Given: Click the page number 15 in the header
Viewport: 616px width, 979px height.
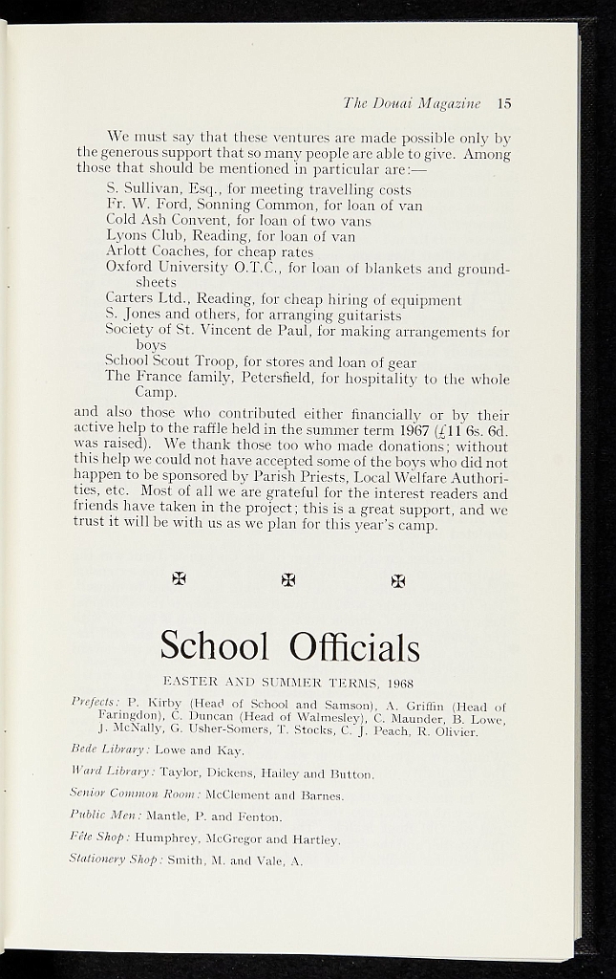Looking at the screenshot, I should click(504, 103).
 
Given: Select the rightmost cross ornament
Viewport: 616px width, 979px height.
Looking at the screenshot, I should click(398, 579).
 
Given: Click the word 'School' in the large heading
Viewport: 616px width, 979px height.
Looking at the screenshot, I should click(215, 646).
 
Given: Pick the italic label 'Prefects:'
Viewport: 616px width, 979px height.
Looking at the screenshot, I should click(95, 704).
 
